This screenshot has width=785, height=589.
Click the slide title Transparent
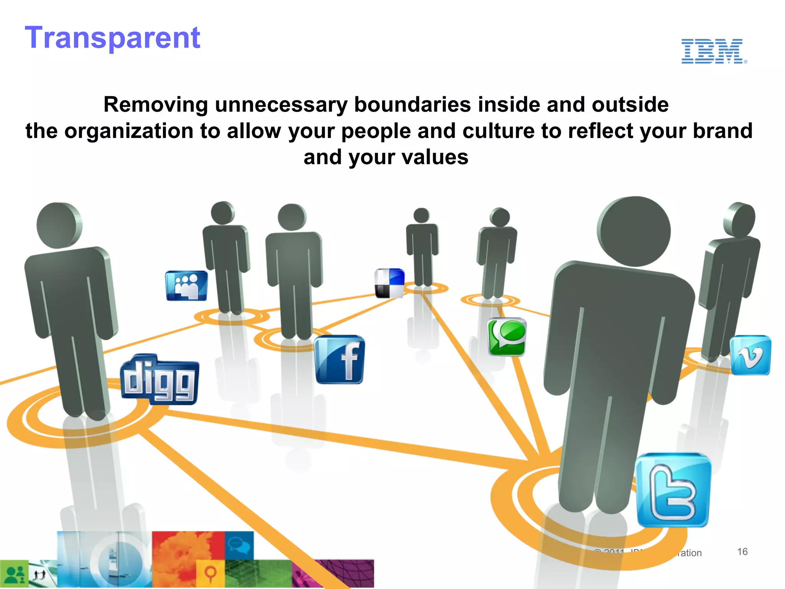click(x=112, y=38)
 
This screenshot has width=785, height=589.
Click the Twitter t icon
click(x=673, y=490)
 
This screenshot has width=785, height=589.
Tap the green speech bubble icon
click(x=507, y=337)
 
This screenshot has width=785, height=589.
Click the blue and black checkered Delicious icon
click(x=389, y=283)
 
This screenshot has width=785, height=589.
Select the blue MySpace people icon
click(x=187, y=286)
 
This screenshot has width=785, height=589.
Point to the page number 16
click(x=742, y=552)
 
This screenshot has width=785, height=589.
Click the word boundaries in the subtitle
click(x=412, y=105)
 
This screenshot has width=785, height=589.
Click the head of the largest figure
click(x=634, y=231)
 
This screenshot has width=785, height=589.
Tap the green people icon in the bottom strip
click(x=14, y=574)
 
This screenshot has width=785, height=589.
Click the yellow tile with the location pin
click(x=210, y=573)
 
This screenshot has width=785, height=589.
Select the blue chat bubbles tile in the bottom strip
click(x=239, y=545)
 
